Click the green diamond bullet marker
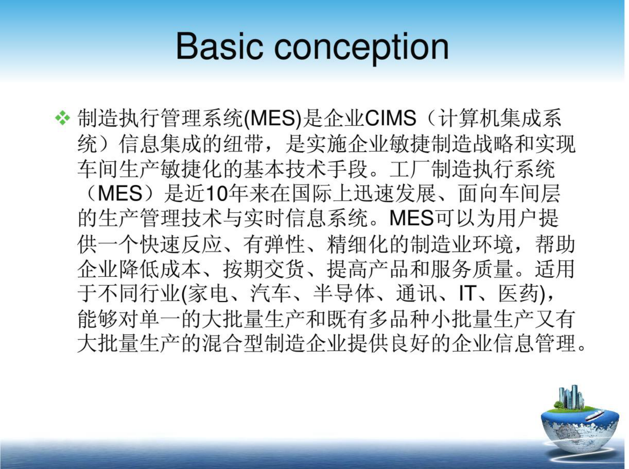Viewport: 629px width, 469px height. click(x=62, y=118)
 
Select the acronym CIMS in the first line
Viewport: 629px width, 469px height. click(x=390, y=118)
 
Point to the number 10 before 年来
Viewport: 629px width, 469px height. click(x=218, y=194)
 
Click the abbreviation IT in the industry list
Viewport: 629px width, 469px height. click(x=466, y=294)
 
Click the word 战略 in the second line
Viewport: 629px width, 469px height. click(x=503, y=143)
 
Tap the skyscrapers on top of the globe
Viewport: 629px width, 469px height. click(x=571, y=397)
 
